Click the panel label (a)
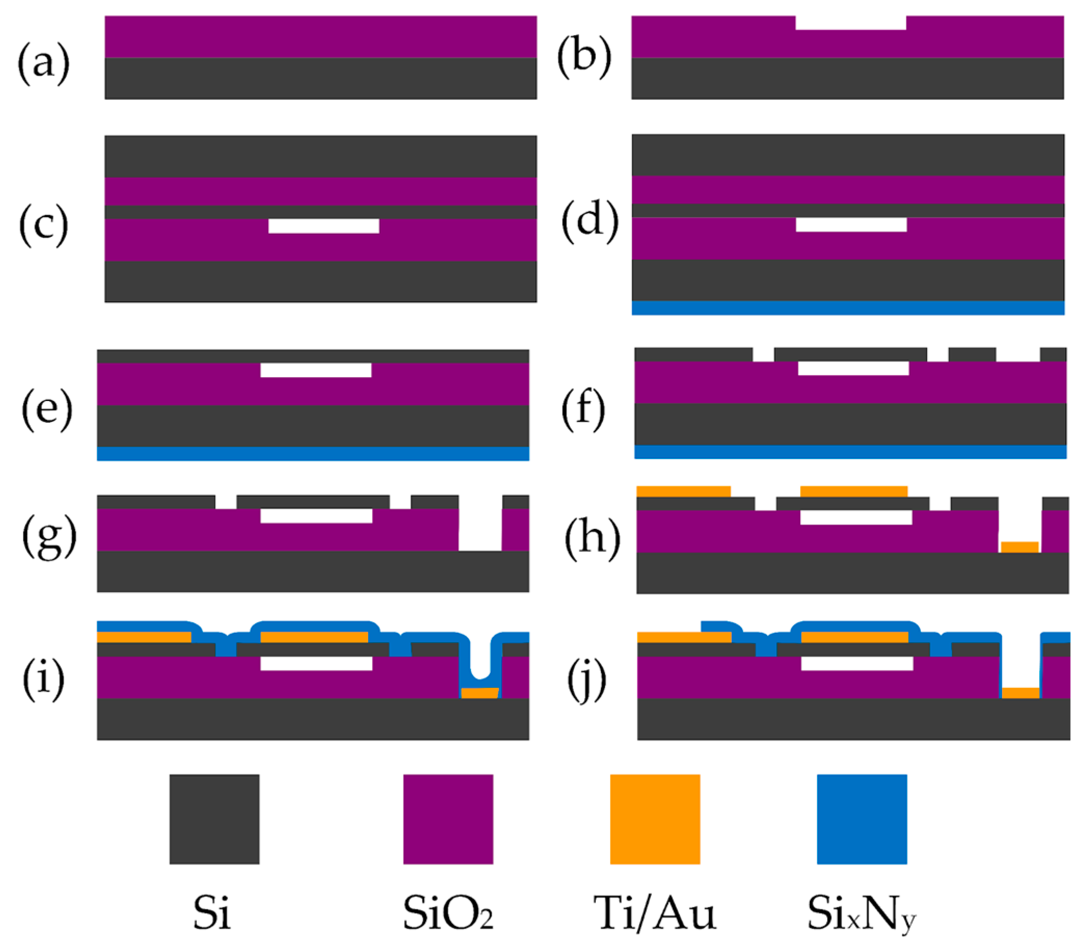[44, 63]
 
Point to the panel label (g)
[49, 537]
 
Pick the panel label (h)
[592, 539]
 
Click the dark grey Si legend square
[215, 819]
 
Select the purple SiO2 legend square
[448, 819]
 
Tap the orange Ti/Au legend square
[655, 819]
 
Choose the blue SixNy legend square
[862, 819]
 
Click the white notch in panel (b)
[850, 23]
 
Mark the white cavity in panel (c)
[324, 226]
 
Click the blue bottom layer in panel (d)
[848, 308]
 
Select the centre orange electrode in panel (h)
[854, 491]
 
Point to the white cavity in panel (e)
[316, 370]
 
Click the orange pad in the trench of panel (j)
[1021, 693]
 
